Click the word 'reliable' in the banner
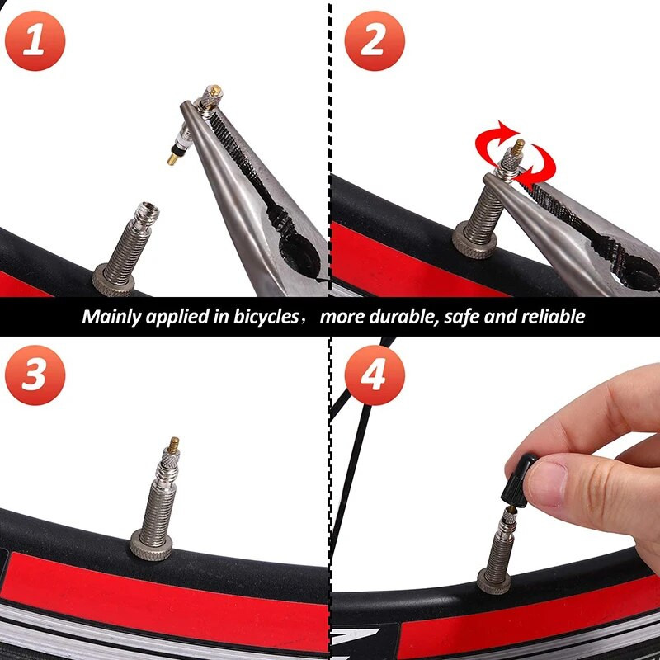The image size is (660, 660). (x=554, y=317)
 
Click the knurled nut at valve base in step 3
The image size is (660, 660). (x=152, y=544)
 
